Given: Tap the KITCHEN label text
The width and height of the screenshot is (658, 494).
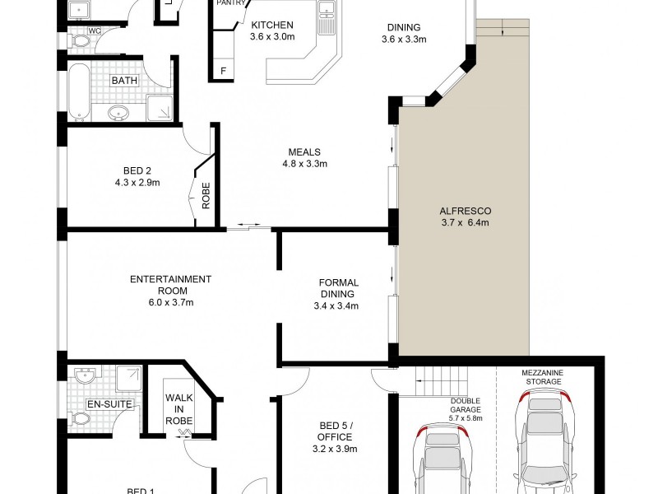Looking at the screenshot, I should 272,25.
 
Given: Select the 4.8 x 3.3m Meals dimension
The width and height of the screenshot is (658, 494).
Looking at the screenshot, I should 304,164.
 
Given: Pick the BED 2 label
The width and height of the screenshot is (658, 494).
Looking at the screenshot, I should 137,170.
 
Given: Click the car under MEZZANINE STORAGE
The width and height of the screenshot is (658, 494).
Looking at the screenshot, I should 542,440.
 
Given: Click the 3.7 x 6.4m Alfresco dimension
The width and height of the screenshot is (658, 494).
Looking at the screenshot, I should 465,222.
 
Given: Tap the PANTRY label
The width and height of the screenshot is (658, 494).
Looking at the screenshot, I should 230,3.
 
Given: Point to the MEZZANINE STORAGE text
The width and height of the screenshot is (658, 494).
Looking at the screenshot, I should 542,377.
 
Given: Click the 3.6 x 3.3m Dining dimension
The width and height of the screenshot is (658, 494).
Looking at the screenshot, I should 403,38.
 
